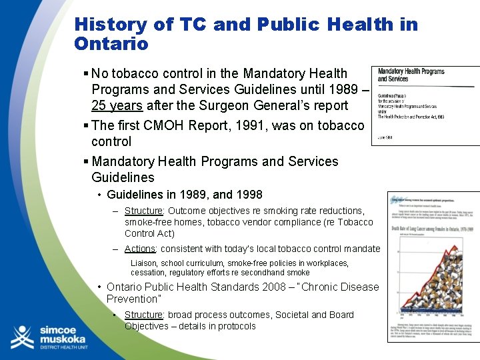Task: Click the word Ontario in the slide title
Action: click(x=111, y=44)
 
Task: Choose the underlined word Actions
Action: click(x=140, y=249)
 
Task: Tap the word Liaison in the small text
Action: click(x=143, y=263)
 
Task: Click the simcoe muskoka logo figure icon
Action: click(x=21, y=337)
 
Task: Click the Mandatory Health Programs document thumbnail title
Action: click(x=411, y=75)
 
